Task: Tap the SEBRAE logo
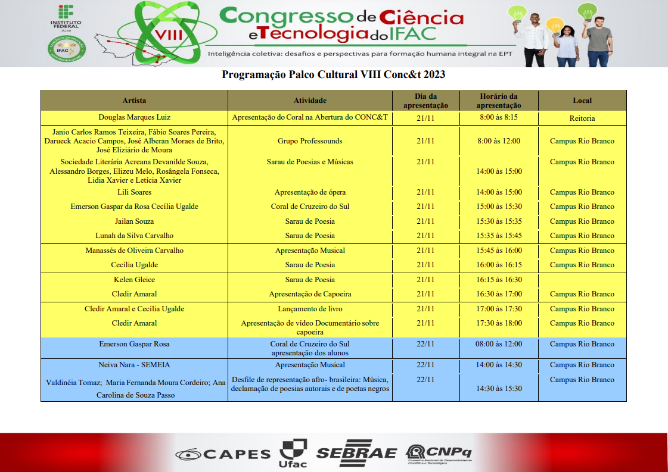pos(356,452)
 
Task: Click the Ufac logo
pos(293,452)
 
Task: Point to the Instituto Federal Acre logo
pos(66,18)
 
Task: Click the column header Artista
pos(134,101)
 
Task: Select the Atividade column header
pos(310,101)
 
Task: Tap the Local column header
pos(582,101)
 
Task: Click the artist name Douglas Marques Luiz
pos(134,117)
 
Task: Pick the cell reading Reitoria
pos(582,118)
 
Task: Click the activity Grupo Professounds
pos(310,141)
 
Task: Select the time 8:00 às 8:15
pos(499,117)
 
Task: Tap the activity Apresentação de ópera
pos(310,192)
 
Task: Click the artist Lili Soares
pos(134,192)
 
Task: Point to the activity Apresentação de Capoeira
pos(310,294)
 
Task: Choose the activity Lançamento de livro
pos(310,309)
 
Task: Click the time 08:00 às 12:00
pos(499,344)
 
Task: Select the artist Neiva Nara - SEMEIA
pos(134,365)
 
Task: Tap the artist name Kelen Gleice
pos(134,280)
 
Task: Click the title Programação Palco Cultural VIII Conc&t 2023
pos(334,75)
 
